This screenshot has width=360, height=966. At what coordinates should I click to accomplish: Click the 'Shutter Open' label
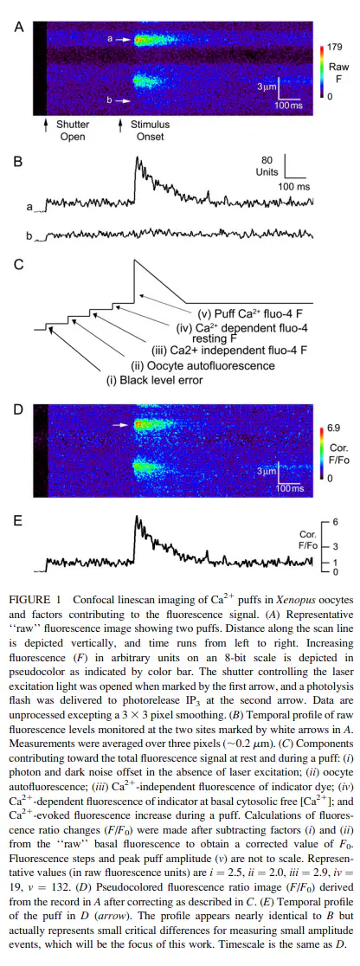coord(73,130)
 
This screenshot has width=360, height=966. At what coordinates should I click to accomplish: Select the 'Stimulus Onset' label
coord(150,130)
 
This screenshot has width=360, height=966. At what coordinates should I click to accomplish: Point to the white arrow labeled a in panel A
coord(124,39)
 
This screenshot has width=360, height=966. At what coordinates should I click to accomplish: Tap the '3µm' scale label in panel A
coord(267,88)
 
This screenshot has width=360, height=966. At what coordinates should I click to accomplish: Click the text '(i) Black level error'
coord(156,380)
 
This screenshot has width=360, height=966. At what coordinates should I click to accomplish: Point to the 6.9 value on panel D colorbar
coord(333,428)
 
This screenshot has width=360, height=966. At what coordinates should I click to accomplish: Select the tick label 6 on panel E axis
coord(336,522)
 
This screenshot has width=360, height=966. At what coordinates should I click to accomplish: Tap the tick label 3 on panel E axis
coord(336,546)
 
